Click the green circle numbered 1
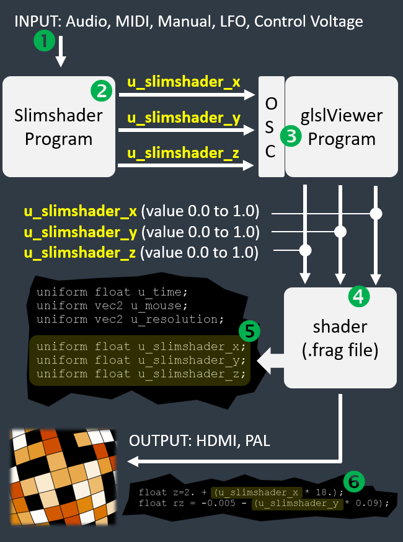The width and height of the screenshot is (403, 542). tap(44, 42)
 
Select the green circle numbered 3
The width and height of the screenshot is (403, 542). tap(290, 136)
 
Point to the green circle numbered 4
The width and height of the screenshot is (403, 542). tap(358, 297)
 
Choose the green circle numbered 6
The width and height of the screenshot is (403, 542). tap(353, 481)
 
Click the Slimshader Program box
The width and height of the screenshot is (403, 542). tap(59, 126)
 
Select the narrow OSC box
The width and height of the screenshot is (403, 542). tap(271, 126)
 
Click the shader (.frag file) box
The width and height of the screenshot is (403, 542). tap(340, 337)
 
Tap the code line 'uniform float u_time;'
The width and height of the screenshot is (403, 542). tap(112, 292)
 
